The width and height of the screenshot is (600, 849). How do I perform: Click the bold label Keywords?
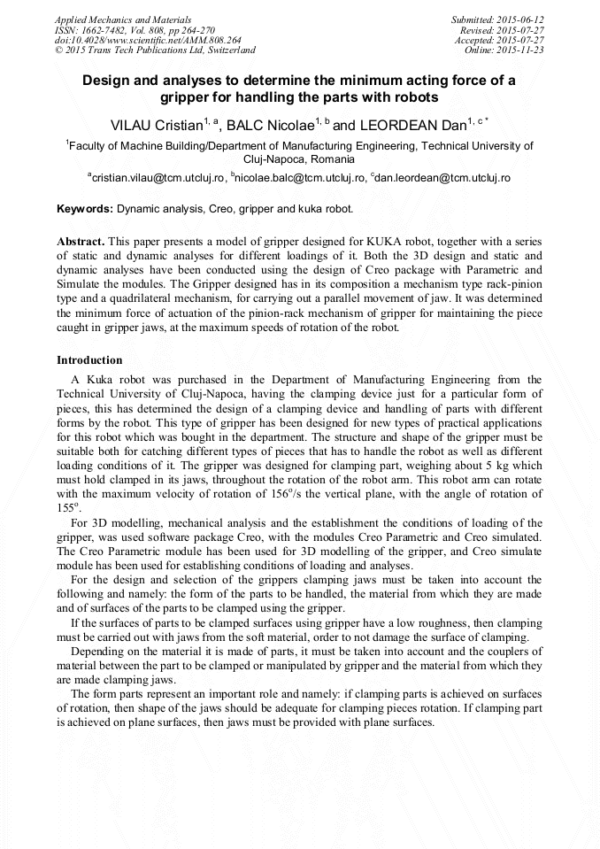[85, 210]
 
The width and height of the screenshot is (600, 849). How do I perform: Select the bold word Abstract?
[81, 242]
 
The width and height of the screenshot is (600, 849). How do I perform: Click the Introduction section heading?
[89, 360]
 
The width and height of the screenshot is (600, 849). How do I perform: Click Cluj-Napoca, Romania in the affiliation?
[299, 160]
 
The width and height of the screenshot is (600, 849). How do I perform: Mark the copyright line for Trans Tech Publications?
[155, 50]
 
